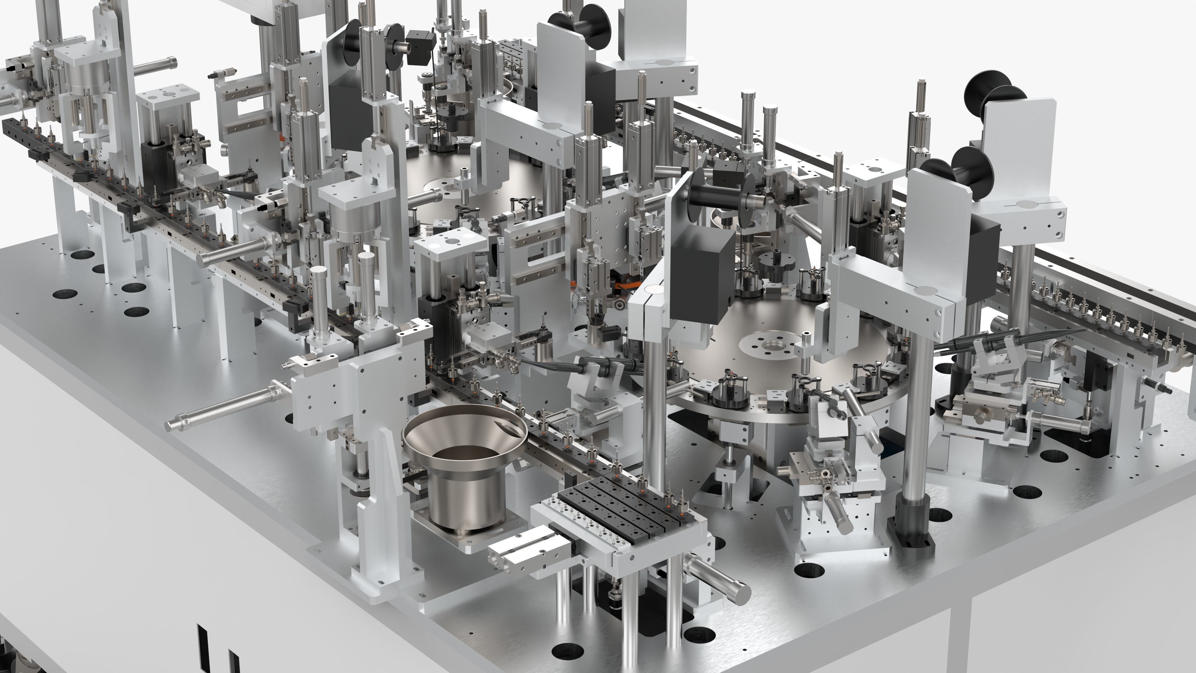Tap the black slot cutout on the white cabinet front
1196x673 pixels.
pyautogui.click(x=202, y=641)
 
